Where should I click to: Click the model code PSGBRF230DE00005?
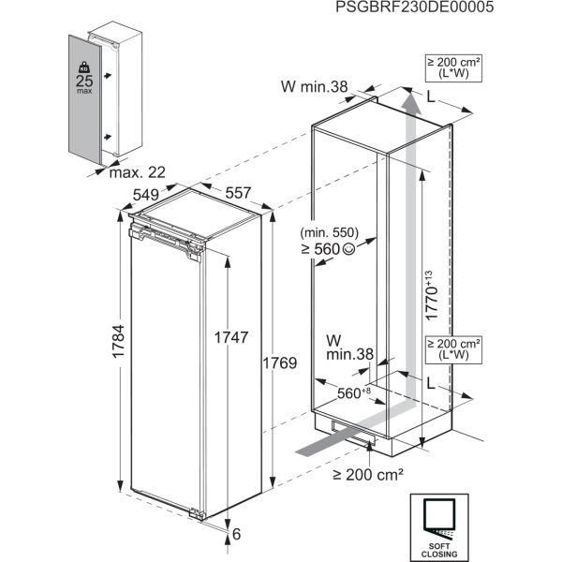tap(414, 7)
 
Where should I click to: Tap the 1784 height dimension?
tap(119, 341)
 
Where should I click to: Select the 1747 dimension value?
tap(231, 337)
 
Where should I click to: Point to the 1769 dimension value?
tap(280, 363)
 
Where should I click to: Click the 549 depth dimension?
tap(146, 195)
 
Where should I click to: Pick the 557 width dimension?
tap(238, 193)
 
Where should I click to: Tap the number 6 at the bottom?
tap(237, 534)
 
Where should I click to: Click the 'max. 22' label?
tap(138, 172)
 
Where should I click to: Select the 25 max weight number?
tap(84, 81)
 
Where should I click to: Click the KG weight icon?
tap(84, 67)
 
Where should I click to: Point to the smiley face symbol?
tap(349, 249)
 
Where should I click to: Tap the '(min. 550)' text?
tap(330, 232)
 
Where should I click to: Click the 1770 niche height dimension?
tap(432, 295)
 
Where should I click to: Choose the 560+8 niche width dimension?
tap(354, 392)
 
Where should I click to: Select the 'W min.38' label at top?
tap(315, 86)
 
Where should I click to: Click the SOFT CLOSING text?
tap(439, 551)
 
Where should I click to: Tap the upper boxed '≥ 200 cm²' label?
tap(453, 67)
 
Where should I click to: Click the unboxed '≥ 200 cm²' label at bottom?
tap(368, 475)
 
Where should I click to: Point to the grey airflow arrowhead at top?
tap(411, 101)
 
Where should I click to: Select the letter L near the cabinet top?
tap(431, 96)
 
